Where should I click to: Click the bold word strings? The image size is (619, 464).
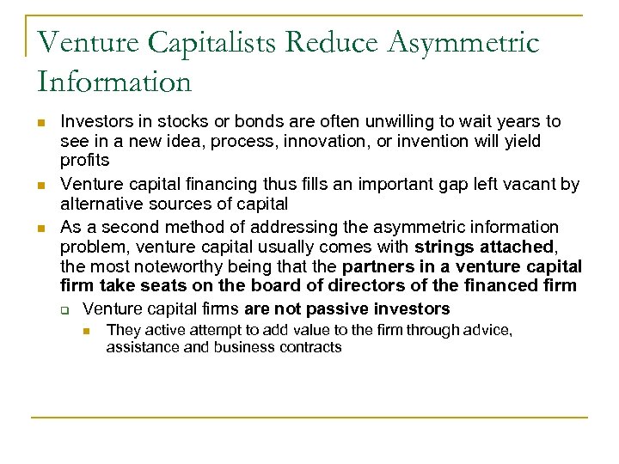[443, 247]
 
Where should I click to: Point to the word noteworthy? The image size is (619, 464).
[156, 267]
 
